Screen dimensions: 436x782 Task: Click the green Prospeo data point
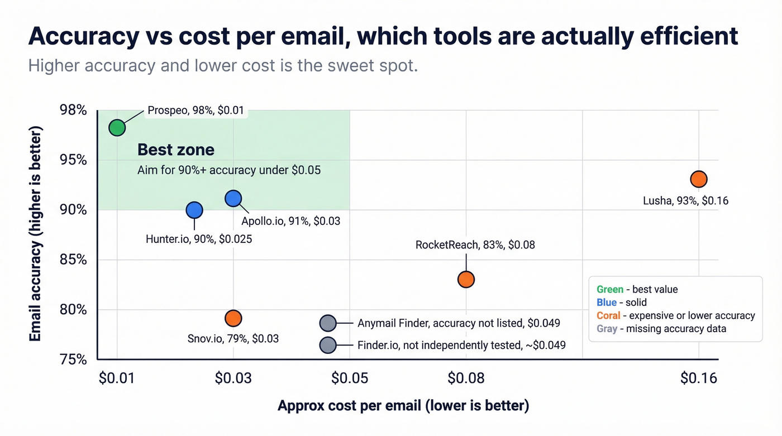(x=117, y=128)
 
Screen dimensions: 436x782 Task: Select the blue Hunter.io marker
(x=194, y=210)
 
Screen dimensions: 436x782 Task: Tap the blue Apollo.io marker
(x=233, y=198)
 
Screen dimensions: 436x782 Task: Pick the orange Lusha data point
(x=699, y=179)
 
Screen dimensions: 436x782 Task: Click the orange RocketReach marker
(x=466, y=279)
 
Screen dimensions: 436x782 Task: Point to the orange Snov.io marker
(x=233, y=318)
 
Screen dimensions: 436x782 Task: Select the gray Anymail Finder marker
(x=328, y=323)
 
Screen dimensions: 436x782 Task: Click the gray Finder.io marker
(x=328, y=345)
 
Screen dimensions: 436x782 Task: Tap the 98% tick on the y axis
(x=73, y=110)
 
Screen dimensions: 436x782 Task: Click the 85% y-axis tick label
(x=73, y=260)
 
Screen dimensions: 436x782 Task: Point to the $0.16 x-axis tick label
(x=698, y=378)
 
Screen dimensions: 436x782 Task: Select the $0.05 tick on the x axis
(x=350, y=378)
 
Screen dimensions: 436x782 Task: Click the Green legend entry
(x=637, y=289)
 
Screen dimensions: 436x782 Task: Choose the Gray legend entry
(x=661, y=329)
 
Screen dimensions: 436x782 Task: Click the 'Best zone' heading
(x=176, y=150)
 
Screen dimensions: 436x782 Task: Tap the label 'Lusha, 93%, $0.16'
(x=685, y=200)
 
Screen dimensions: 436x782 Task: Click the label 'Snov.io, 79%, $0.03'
(x=233, y=338)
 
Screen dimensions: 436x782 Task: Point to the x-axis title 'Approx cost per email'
(x=403, y=405)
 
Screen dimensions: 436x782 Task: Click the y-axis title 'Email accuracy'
(x=36, y=234)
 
